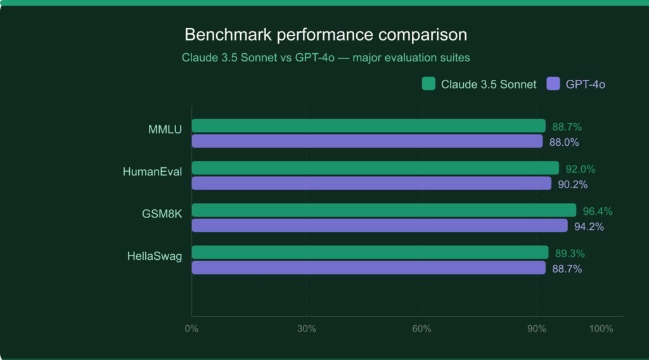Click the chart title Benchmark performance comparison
(325, 34)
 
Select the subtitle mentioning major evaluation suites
(325, 58)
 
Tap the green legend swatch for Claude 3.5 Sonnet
(428, 84)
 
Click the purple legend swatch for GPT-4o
(553, 84)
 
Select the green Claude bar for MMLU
(368, 125)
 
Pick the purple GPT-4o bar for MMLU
(367, 141)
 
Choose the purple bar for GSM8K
(379, 226)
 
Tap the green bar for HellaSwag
(369, 252)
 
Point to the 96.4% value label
(597, 211)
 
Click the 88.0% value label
(564, 143)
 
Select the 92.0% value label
(580, 169)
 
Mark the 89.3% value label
(569, 254)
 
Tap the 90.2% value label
(572, 184)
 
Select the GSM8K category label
(162, 214)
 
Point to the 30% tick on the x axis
(307, 329)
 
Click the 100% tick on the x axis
(600, 329)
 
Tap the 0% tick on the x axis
(191, 329)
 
